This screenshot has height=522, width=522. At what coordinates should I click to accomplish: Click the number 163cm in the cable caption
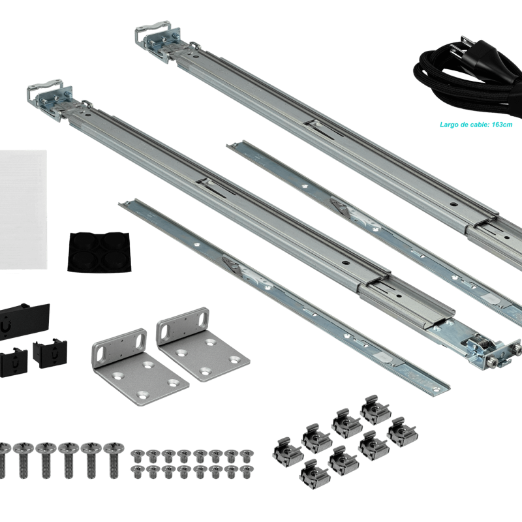click(x=502, y=125)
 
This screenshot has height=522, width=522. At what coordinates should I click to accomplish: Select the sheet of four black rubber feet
click(x=99, y=251)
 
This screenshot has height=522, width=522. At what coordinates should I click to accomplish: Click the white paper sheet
click(x=23, y=209)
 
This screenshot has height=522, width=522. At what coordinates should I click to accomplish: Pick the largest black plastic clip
click(x=24, y=321)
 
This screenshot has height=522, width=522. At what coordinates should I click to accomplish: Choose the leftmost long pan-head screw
click(x=3, y=460)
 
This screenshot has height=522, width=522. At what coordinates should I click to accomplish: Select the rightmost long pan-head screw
click(x=114, y=460)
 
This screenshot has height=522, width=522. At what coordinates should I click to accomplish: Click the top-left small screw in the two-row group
click(x=138, y=456)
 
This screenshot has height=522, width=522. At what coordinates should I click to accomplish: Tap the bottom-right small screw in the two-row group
click(x=247, y=472)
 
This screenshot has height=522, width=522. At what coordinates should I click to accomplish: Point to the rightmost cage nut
click(x=402, y=432)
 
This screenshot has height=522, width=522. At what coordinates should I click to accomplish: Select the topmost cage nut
click(x=375, y=410)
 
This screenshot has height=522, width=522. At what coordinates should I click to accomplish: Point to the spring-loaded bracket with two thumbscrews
click(x=493, y=351)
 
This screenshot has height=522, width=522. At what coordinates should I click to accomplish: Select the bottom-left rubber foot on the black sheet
click(x=84, y=260)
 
